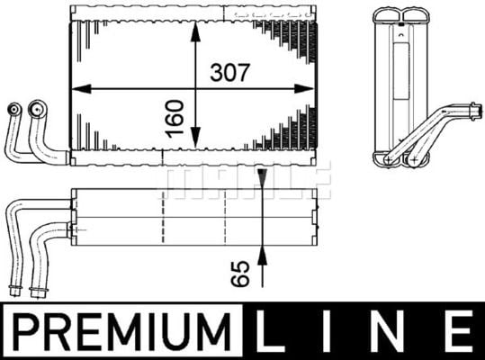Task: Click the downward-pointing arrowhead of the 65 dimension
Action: click(262, 178)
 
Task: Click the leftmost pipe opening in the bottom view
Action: click(13, 290)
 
